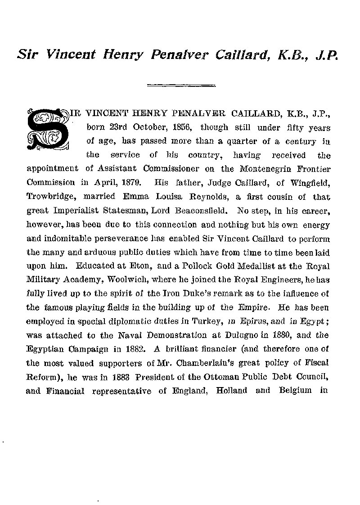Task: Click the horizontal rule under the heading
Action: tap(181, 84)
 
